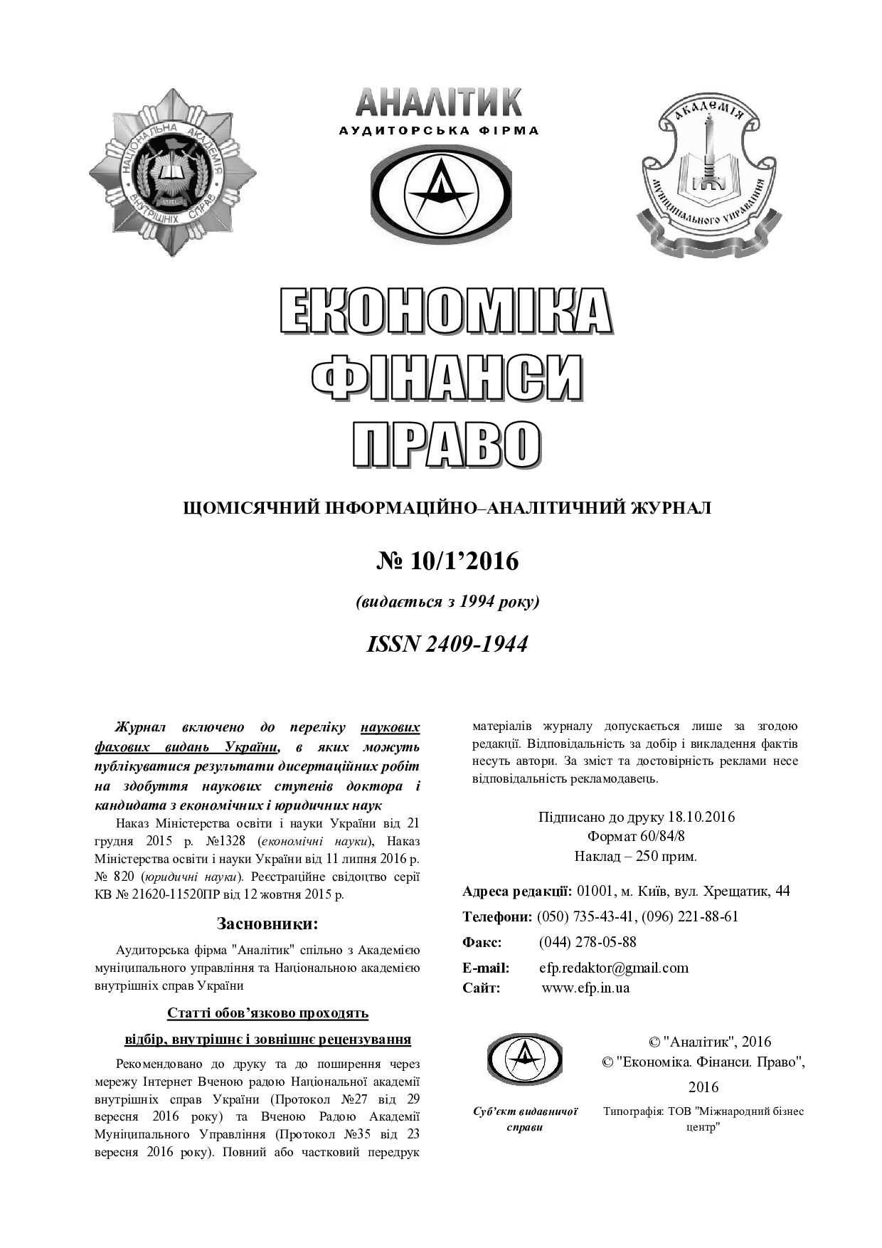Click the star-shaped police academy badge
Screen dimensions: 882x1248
tap(173, 172)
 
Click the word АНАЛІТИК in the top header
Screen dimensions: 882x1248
tap(439, 103)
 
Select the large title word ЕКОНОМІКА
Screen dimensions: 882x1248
tap(445, 312)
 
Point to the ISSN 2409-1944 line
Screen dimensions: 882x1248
tap(447, 644)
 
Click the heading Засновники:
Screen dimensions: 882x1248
tap(267, 924)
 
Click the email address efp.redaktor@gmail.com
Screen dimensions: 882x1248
tap(614, 968)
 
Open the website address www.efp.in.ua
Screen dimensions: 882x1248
tap(585, 988)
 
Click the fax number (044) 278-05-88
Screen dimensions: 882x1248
tap(588, 942)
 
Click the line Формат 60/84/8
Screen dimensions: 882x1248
tap(636, 836)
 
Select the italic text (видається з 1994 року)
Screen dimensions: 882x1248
tap(447, 602)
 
